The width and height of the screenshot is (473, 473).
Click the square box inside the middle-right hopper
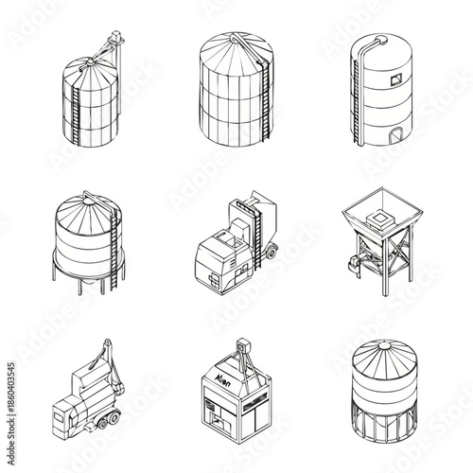tap(383, 219)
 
